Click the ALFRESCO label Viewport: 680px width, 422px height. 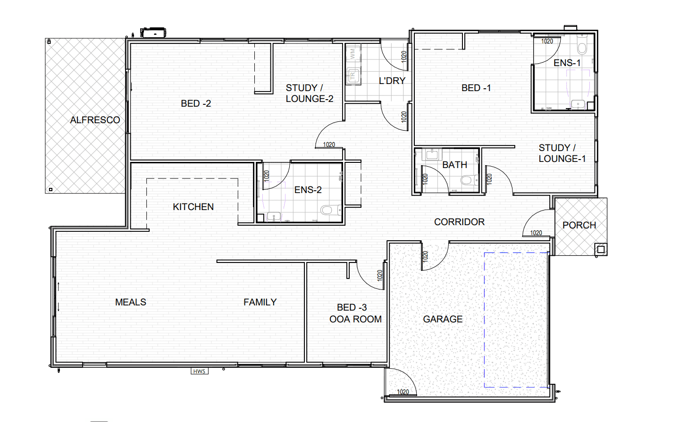(x=95, y=120)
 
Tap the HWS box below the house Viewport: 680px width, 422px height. (x=200, y=371)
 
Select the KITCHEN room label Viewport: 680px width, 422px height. (x=193, y=207)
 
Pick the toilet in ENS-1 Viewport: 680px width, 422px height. (x=582, y=45)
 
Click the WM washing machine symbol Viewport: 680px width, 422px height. (x=353, y=54)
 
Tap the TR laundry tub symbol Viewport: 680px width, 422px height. (x=353, y=76)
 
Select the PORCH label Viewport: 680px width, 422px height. (x=579, y=225)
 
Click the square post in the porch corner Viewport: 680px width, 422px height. (x=601, y=250)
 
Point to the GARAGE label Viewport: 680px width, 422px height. (x=443, y=319)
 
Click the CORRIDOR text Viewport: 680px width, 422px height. (x=459, y=222)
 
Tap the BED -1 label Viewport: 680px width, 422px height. (x=476, y=88)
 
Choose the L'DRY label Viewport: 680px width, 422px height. (x=392, y=81)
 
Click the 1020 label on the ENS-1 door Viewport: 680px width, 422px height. (x=547, y=41)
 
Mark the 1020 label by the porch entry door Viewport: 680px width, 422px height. (x=536, y=233)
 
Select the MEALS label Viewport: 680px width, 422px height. (x=131, y=302)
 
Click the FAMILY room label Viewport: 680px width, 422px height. (x=260, y=302)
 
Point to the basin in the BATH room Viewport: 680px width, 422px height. (x=432, y=154)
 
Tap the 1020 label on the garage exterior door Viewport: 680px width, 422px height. (x=403, y=392)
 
